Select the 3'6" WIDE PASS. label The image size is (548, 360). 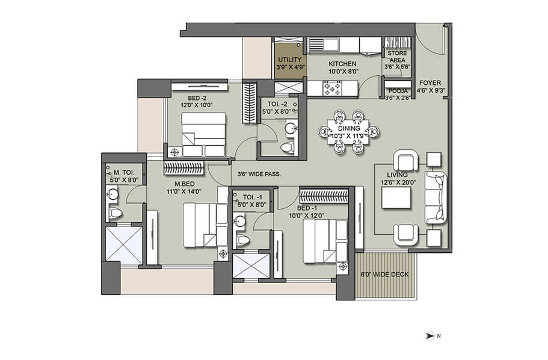259,174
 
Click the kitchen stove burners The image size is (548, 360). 333,88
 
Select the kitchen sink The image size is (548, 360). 325,44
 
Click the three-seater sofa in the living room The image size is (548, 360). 436,197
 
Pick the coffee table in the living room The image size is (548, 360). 395,197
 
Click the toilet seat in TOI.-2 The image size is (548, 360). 288,146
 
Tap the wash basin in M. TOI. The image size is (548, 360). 112,194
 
